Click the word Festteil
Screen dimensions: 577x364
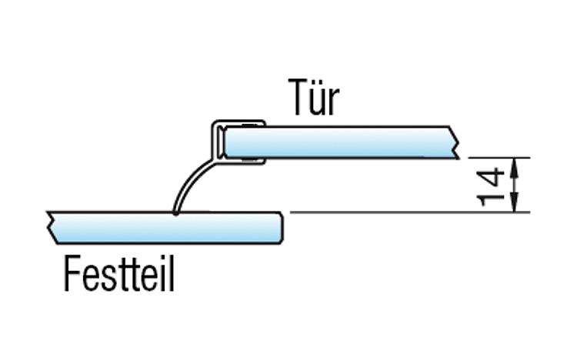point(119,273)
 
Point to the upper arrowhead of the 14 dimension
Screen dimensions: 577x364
point(515,165)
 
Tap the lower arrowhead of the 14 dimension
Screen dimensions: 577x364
point(515,205)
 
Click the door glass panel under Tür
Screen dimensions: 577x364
point(341,142)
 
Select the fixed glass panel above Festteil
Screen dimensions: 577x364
point(164,228)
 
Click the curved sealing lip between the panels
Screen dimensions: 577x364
point(190,183)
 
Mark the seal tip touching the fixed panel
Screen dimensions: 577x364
point(176,212)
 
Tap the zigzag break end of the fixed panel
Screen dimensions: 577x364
point(52,228)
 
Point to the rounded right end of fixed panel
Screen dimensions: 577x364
point(282,228)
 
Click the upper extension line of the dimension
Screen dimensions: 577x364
point(499,158)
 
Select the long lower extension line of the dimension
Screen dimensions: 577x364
point(410,212)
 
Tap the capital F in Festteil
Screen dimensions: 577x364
point(72,273)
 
